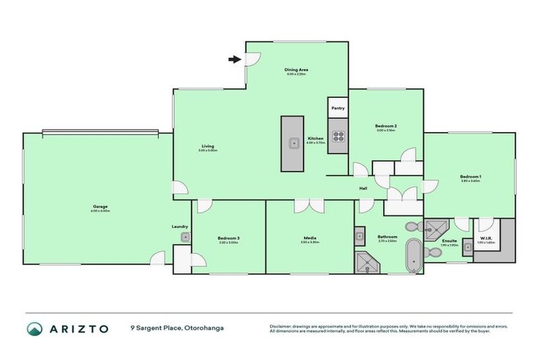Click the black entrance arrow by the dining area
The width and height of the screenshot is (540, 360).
(233, 59)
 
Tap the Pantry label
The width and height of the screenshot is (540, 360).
(338, 108)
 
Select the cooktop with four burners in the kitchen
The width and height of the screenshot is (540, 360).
(338, 137)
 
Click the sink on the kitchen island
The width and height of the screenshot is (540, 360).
(292, 143)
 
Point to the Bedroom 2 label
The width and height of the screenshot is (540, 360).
(386, 126)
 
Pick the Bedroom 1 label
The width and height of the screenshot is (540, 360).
(470, 176)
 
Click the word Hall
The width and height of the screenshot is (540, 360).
(364, 188)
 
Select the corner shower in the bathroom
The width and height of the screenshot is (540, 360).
(367, 262)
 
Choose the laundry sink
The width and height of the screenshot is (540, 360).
(185, 238)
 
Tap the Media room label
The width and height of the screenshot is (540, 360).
(310, 238)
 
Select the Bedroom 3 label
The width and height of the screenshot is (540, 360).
(229, 238)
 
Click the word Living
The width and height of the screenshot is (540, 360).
(205, 146)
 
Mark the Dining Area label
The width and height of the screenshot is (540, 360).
(297, 70)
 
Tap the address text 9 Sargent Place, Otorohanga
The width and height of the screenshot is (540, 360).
(176, 328)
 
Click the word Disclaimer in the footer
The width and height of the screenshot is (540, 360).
(281, 326)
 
